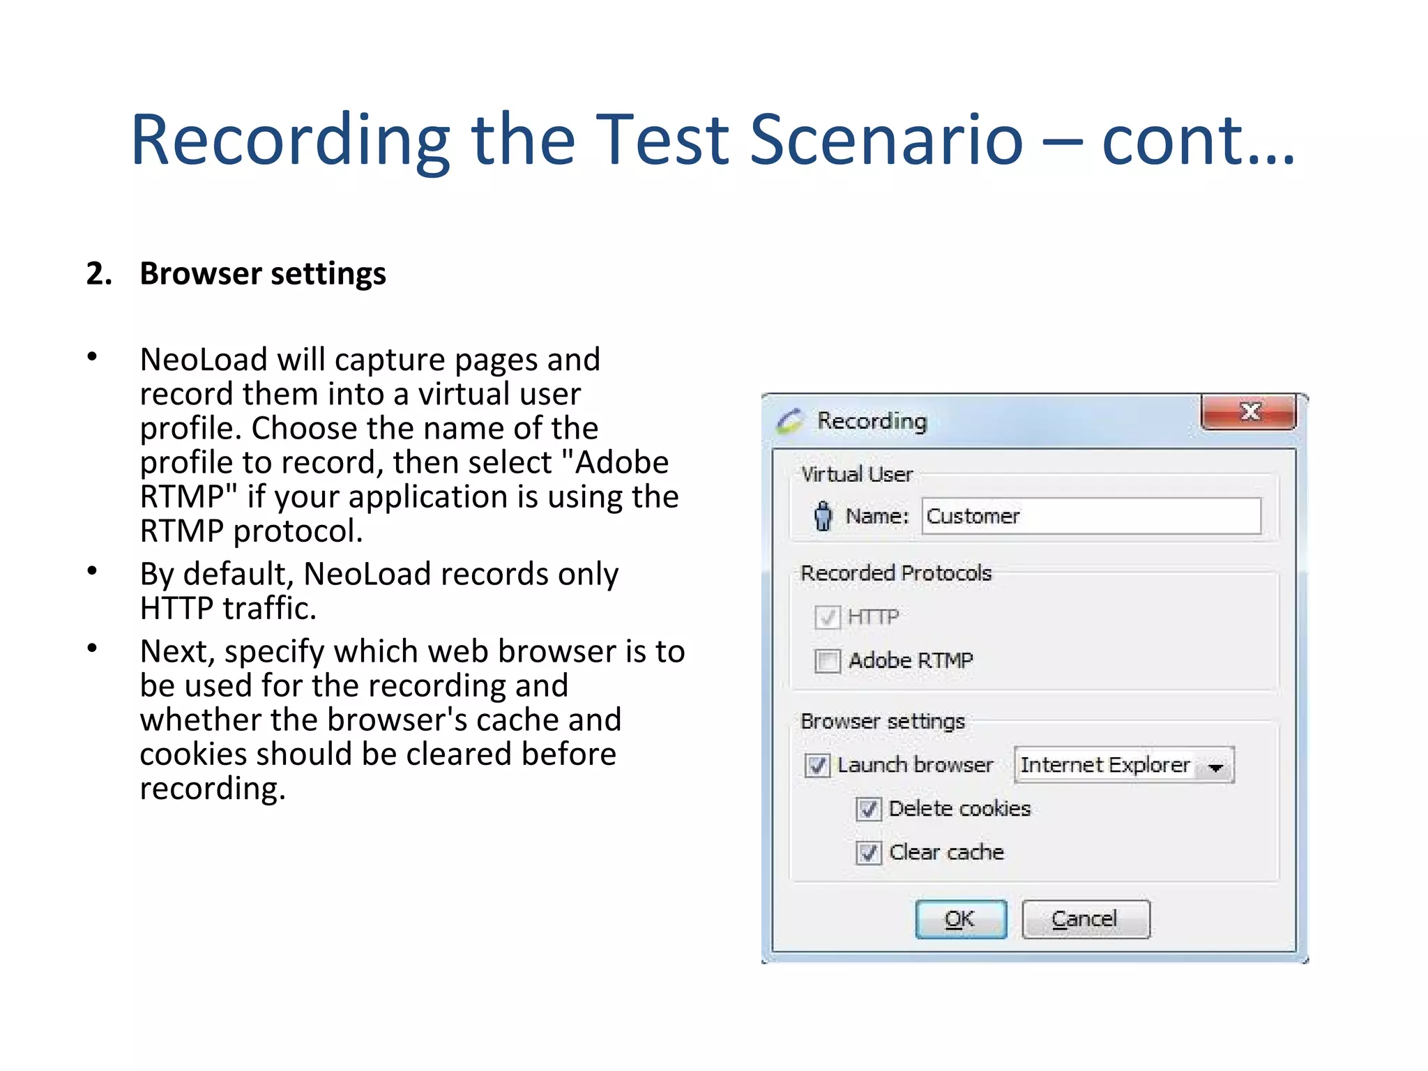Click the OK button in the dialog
[960, 919]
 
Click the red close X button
[1249, 412]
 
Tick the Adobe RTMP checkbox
[828, 660]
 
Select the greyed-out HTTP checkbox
[828, 617]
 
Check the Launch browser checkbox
[817, 765]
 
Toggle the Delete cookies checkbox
[868, 809]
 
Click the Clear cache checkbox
[868, 852]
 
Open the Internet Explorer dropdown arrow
[1216, 767]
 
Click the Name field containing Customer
[1091, 516]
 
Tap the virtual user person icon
[823, 516]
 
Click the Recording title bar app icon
[789, 420]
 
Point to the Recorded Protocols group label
[896, 573]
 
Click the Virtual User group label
[857, 475]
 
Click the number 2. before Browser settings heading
[99, 273]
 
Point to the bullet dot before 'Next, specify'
[92, 648]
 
